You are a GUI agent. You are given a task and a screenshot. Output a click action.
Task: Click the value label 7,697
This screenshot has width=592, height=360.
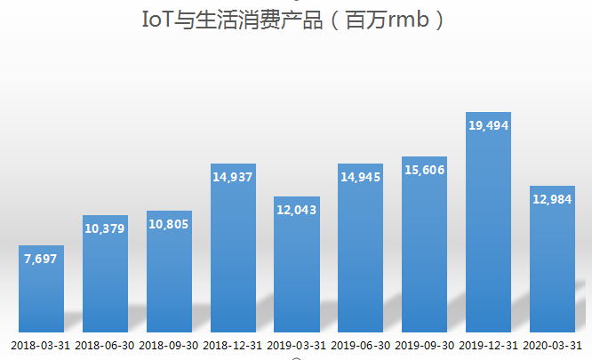(42, 260)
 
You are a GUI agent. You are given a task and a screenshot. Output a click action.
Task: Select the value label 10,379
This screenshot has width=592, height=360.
(105, 229)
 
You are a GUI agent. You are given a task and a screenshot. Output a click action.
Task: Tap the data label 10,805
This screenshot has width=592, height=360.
(169, 224)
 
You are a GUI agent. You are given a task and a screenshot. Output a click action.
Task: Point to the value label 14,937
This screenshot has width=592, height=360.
(233, 177)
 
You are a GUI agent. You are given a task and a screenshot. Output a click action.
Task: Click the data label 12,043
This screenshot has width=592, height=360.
(297, 210)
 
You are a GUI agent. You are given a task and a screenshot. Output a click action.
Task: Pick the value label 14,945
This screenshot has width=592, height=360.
(360, 177)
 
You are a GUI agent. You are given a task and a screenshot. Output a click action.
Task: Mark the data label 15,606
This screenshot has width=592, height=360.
(424, 169)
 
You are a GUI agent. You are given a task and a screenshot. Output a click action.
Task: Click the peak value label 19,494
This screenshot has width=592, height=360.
(488, 126)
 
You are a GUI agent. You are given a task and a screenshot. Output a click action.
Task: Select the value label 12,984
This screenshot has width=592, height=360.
(552, 199)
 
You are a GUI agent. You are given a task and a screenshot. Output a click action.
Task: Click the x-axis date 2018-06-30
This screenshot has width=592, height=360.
(105, 345)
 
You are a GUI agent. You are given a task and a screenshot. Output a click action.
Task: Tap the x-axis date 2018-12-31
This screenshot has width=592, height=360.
(233, 345)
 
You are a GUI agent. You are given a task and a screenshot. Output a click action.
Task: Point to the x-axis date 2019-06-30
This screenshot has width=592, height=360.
(360, 345)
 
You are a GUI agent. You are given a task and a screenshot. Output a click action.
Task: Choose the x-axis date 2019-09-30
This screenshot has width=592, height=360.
(424, 345)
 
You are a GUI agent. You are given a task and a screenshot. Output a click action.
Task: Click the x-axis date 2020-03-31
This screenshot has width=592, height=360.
(552, 345)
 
